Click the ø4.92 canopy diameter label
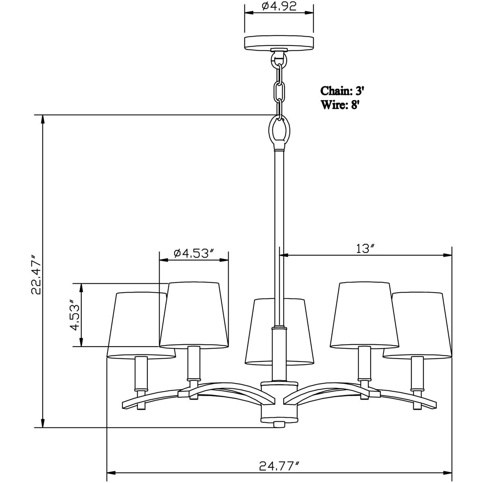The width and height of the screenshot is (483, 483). (x=279, y=6)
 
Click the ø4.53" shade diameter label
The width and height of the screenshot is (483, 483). (x=193, y=253)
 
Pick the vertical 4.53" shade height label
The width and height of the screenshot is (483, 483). (x=74, y=315)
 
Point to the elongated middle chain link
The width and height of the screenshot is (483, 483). (x=279, y=92)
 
